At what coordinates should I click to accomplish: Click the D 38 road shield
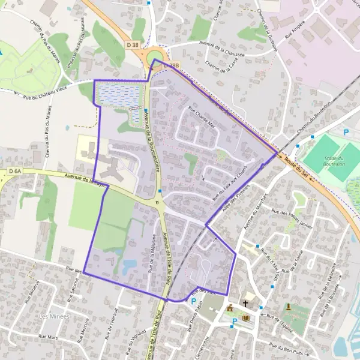pyautogui.click(x=133, y=44)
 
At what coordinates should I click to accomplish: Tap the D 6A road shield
pyautogui.click(x=15, y=171)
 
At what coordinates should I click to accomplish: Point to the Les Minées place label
pyautogui.click(x=53, y=316)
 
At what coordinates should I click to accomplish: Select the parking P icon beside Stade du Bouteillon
pyautogui.click(x=346, y=132)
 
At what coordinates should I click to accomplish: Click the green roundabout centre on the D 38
pyautogui.click(x=154, y=56)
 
